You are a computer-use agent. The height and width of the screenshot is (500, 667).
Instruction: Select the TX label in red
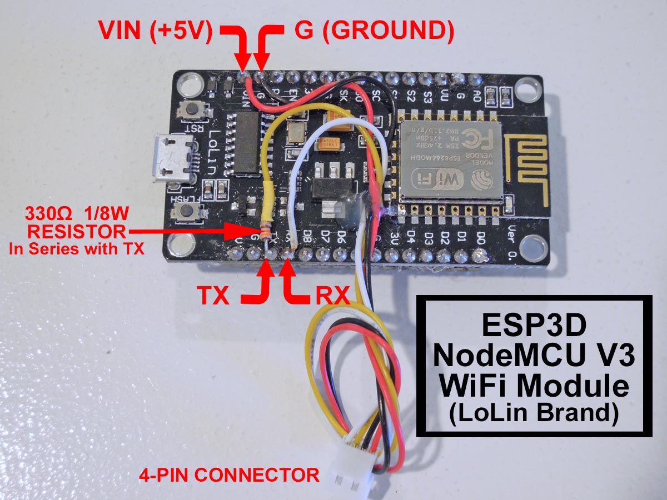click(x=214, y=296)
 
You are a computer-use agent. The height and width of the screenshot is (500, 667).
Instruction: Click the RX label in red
click(x=332, y=296)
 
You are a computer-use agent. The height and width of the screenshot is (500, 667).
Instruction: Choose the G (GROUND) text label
click(x=374, y=32)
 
